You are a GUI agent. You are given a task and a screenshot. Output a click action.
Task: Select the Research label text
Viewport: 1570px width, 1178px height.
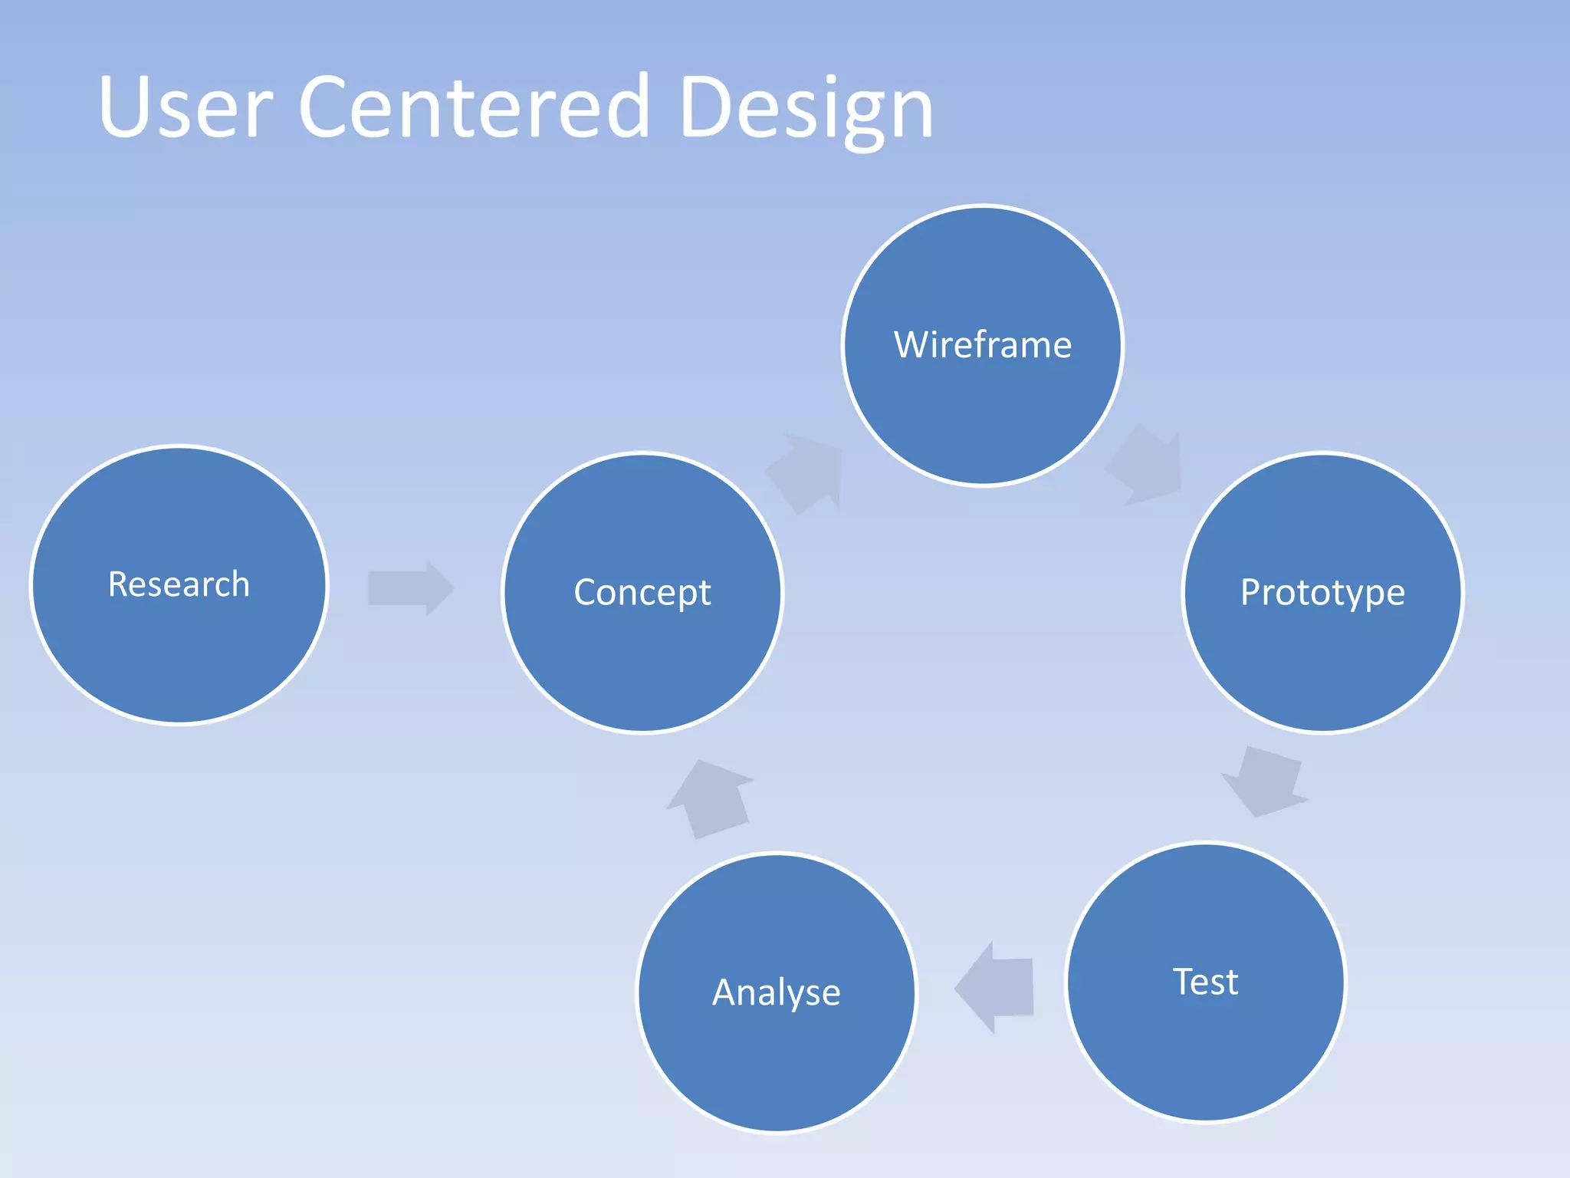[179, 584]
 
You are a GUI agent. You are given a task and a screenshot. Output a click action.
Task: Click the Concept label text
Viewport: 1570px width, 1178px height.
[642, 593]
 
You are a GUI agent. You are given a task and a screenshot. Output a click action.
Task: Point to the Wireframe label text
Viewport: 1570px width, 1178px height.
[983, 345]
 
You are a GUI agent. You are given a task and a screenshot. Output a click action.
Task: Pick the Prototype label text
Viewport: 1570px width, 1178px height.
[1322, 593]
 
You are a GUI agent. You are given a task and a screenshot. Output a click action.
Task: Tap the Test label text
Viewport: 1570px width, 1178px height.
[1205, 982]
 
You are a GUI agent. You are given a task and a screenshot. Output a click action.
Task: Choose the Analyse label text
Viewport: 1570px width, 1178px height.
[776, 992]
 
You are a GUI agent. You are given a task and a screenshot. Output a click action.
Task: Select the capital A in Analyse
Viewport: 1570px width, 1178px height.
[726, 992]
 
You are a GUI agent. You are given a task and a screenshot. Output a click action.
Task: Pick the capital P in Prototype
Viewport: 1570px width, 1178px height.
[1251, 593]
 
